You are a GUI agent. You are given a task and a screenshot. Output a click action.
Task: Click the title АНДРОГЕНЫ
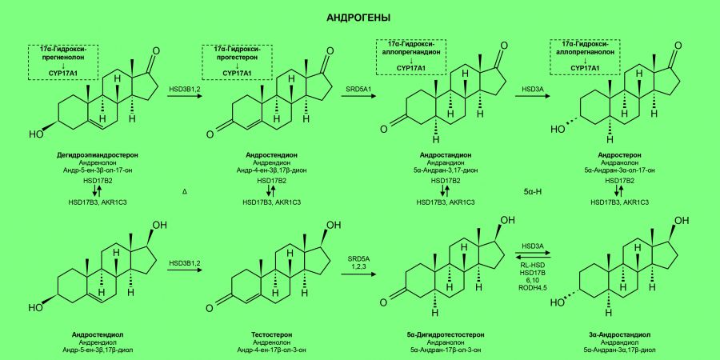(359, 17)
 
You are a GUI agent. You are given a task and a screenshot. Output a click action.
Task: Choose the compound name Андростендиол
(98, 334)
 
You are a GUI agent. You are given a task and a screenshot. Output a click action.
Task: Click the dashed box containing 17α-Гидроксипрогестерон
(237, 62)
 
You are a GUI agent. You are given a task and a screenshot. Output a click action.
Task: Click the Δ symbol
(185, 193)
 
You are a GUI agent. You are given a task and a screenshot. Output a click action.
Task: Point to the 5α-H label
(534, 193)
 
